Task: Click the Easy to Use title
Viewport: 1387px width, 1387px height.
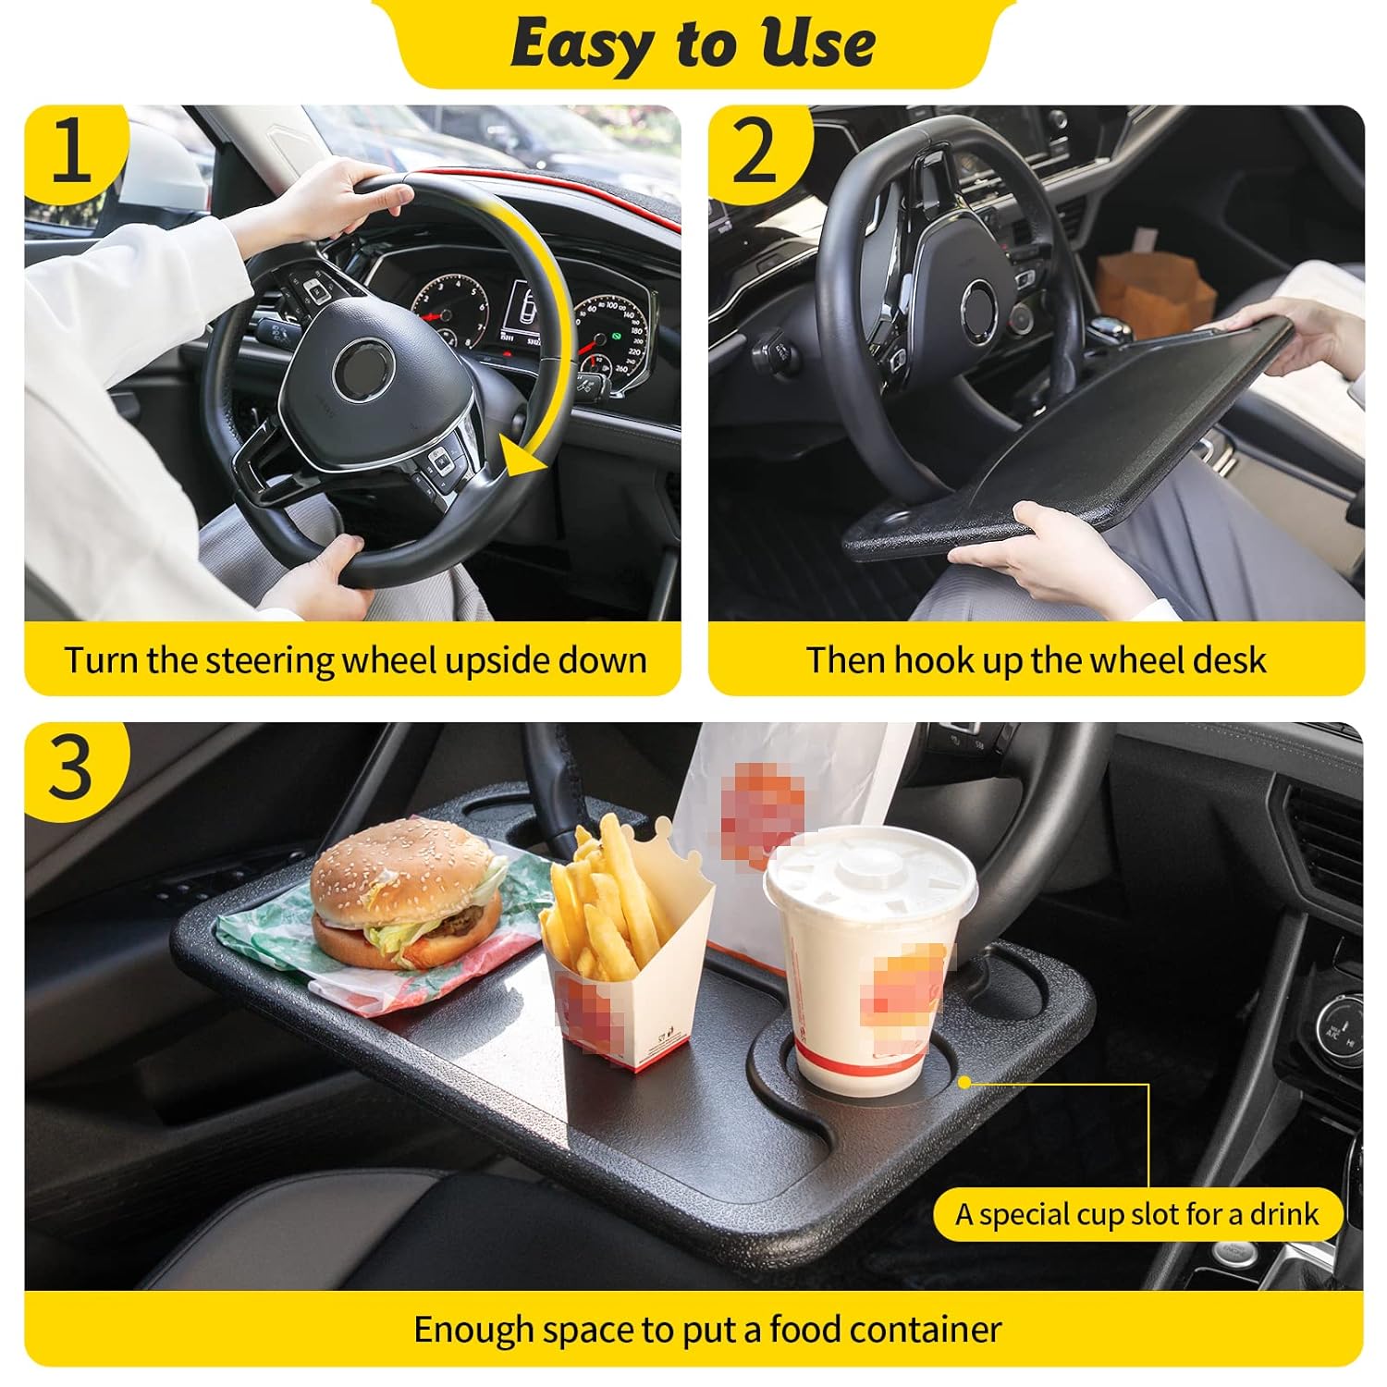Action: (x=693, y=43)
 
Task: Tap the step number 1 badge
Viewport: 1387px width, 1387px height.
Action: (x=72, y=151)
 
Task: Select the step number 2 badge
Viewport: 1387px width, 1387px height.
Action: (x=756, y=151)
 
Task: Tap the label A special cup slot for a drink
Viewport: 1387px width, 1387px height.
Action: (x=1136, y=1214)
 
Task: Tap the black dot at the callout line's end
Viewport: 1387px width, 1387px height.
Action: (x=964, y=1081)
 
